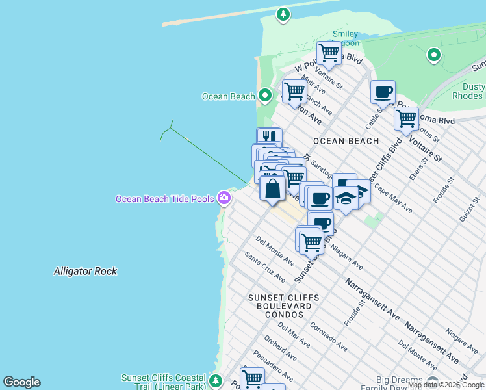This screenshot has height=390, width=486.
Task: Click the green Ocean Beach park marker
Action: coord(264,96)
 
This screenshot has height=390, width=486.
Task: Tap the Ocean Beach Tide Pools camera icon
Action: coord(224,198)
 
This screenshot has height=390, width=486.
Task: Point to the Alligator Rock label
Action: coord(85,271)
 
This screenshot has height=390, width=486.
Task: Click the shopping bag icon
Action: coord(272,189)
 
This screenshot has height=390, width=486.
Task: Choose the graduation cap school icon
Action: coord(346,197)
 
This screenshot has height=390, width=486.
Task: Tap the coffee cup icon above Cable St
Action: coord(383,92)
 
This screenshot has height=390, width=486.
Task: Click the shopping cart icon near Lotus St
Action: coord(406,119)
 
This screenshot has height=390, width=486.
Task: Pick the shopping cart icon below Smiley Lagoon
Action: coord(329,53)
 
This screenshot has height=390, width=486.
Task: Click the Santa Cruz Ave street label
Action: coord(265,267)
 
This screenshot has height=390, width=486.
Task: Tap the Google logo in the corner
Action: coord(21,382)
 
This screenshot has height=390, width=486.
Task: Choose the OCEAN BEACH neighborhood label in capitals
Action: coord(346,141)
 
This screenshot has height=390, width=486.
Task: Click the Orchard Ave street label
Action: coord(280,348)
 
